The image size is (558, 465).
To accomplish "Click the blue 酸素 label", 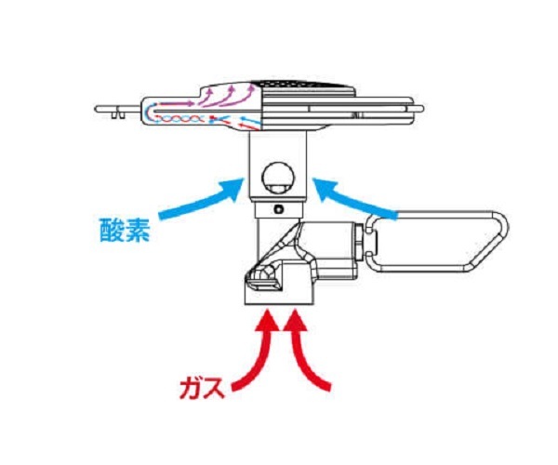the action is point(125,231).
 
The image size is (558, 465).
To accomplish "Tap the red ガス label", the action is point(202,388).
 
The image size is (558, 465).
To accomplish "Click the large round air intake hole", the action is point(278,178).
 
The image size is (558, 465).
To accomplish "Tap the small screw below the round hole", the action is point(279,209).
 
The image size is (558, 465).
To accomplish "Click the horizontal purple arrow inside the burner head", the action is point(176,104).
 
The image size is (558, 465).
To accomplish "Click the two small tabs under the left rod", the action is point(118,115).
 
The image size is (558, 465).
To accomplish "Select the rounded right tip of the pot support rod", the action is point(420,109).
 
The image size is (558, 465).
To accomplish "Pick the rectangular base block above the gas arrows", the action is point(279,284).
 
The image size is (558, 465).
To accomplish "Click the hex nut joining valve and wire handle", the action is point(359,241).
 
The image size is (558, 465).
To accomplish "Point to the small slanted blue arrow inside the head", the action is point(250,120).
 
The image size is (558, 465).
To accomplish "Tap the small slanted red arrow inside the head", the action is point(249,126).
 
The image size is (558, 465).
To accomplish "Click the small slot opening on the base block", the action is point(262,284).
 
